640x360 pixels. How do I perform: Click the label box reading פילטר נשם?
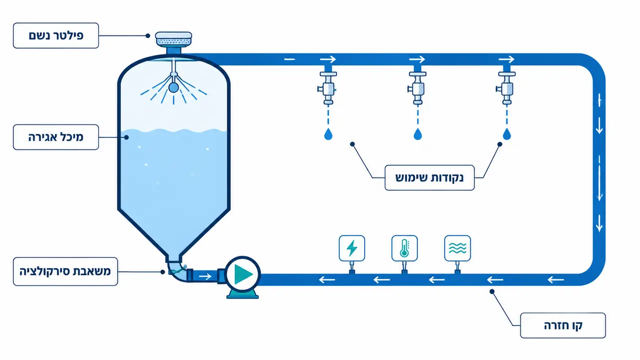coord(56,35)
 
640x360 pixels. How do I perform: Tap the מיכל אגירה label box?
coord(56,137)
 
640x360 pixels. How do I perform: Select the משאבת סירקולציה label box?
coord(66,271)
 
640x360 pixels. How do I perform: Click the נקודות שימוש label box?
coord(429,177)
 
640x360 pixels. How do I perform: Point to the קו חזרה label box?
coord(563,325)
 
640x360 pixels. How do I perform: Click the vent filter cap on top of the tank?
coord(174,39)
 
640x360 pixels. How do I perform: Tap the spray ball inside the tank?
coord(174,87)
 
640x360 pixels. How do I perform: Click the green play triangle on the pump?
coord(243,274)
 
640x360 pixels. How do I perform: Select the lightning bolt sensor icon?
coord(352,248)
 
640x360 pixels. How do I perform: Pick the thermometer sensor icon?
coord(404,248)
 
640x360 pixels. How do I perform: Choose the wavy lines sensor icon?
coord(457,248)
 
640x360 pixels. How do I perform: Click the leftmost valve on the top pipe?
coord(328,88)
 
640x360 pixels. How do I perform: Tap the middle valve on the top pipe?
coord(417,88)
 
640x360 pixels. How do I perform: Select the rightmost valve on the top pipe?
coord(506,88)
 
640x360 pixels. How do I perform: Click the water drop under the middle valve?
coord(418,134)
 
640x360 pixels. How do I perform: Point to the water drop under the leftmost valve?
coord(328,134)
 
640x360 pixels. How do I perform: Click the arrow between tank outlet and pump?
coord(205,276)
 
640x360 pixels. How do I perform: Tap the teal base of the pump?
coord(243,293)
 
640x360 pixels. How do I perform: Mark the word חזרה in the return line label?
coord(554,325)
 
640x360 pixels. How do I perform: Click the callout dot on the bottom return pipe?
coord(492,291)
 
